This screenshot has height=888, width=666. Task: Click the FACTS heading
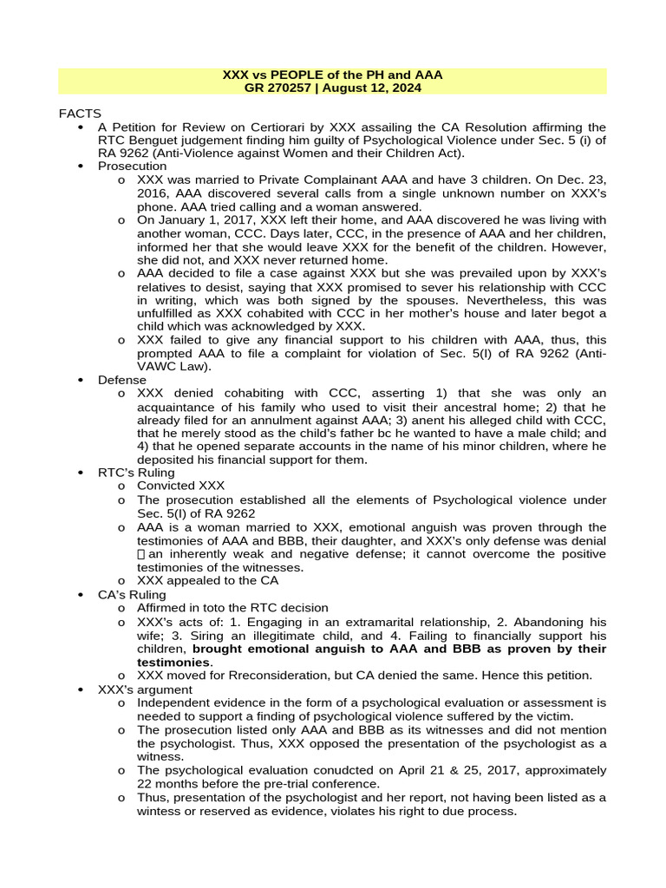pos(80,114)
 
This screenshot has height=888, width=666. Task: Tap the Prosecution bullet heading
pos(132,166)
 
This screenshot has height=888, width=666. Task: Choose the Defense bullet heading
pos(122,380)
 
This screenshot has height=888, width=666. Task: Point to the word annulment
pos(316,420)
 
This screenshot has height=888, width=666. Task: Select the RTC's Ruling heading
pos(136,473)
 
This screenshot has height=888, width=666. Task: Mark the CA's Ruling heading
pos(132,595)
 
